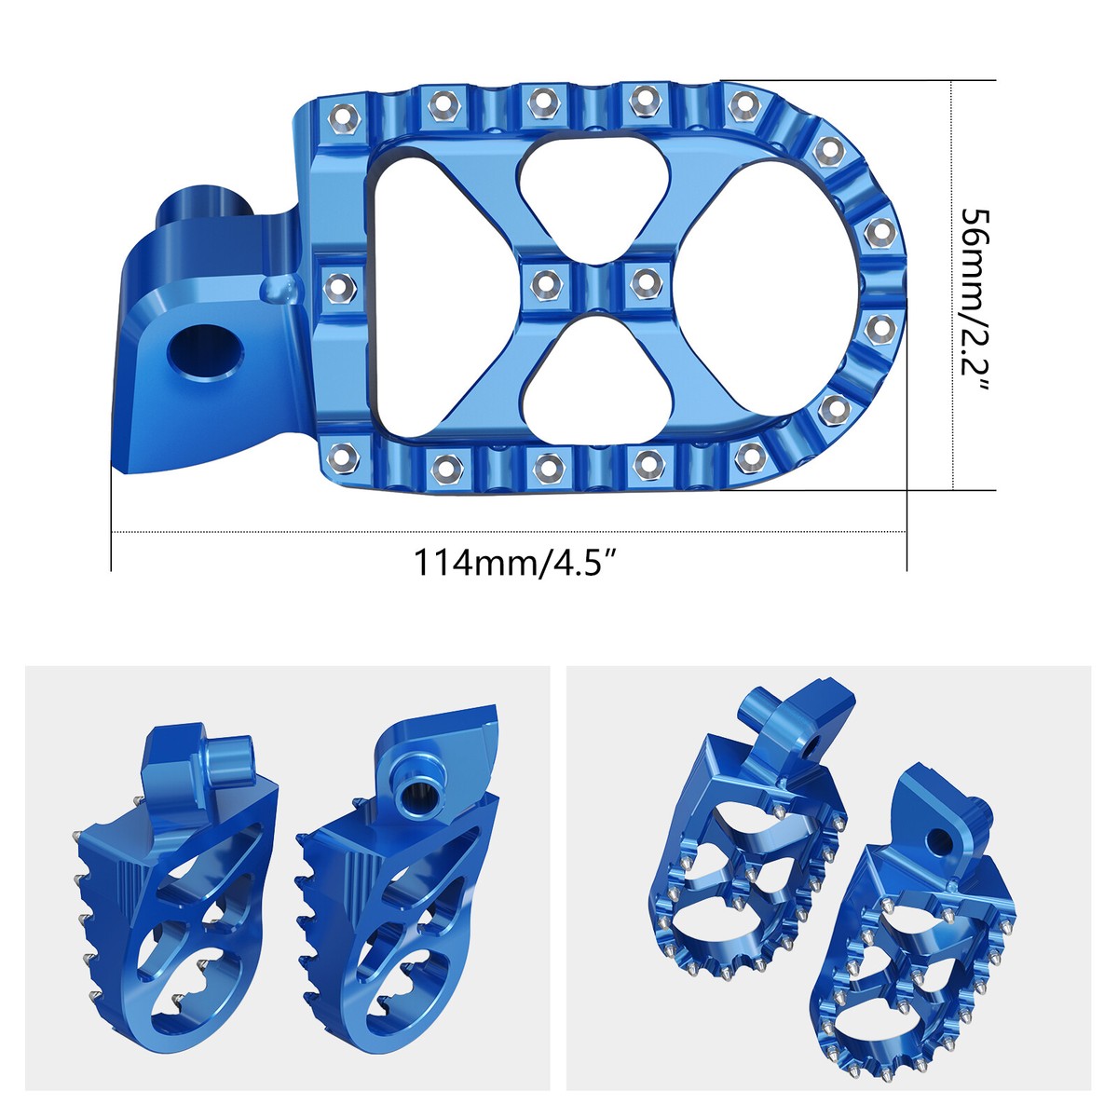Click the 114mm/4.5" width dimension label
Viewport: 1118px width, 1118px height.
[x=516, y=564]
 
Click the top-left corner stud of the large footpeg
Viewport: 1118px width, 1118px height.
[x=344, y=116]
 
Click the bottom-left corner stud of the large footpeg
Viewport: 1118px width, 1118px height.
[x=344, y=456]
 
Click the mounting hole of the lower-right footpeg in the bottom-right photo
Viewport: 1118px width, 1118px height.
[x=942, y=838]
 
